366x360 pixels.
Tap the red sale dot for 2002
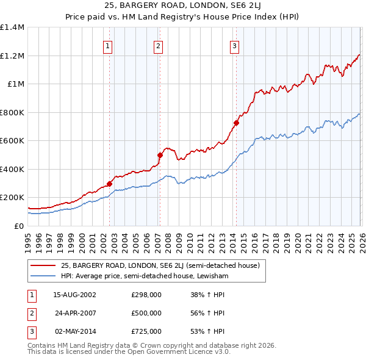click(110, 184)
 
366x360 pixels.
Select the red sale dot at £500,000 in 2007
click(160, 155)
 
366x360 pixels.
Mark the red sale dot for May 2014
click(235, 123)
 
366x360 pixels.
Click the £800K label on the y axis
click(12, 112)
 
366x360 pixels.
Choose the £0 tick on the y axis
click(18, 226)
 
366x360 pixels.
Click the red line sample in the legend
click(44, 265)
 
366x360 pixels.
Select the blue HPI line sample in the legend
click(44, 276)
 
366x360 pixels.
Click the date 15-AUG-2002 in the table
click(74, 295)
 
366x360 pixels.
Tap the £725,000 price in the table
click(146, 331)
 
